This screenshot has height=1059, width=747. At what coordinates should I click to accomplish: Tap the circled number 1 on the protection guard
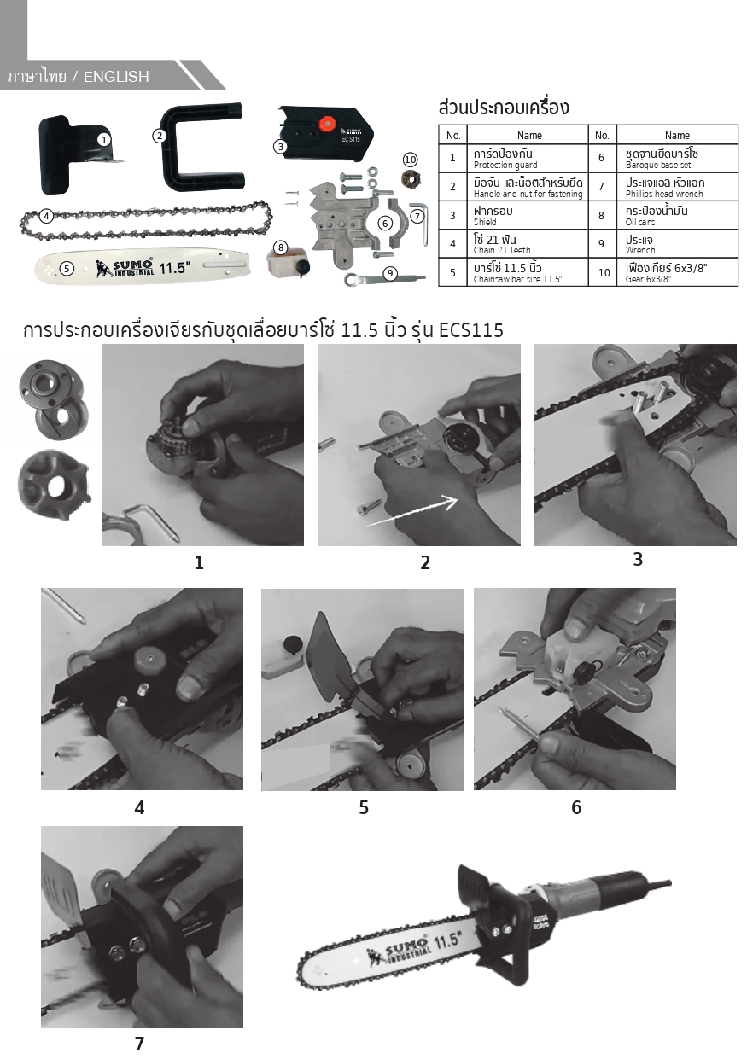point(103,139)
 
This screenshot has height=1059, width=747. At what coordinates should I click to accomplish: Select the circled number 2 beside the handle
point(160,136)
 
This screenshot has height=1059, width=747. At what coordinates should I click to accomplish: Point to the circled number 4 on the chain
point(46,217)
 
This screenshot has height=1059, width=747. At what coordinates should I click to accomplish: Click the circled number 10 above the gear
point(410,160)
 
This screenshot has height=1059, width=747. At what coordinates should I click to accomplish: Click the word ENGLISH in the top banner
point(116,77)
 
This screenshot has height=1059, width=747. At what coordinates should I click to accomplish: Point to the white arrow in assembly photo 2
point(412,510)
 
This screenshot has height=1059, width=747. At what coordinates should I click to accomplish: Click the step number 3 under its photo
point(638,559)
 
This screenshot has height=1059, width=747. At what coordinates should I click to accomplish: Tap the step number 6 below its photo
point(576,807)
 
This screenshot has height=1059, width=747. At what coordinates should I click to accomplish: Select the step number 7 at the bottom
point(139,1044)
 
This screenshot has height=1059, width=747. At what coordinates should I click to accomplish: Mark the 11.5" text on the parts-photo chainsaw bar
point(175,268)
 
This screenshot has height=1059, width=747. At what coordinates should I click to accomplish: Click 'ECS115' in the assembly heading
point(470,330)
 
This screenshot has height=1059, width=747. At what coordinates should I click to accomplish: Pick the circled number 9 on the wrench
point(390,273)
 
